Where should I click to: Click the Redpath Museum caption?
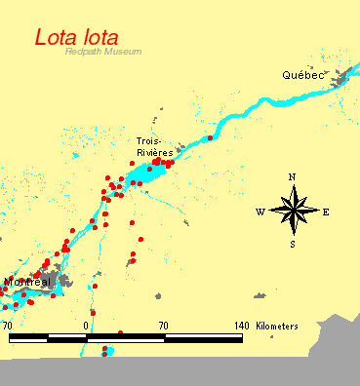(103, 52)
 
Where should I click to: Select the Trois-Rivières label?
(154, 146)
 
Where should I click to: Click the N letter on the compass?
(292, 176)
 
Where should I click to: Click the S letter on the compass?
(292, 244)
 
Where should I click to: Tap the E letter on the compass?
(326, 211)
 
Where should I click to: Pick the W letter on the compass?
(260, 211)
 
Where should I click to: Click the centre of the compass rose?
(292, 210)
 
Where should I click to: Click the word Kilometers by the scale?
(277, 325)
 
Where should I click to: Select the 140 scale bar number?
(241, 325)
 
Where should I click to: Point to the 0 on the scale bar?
(87, 325)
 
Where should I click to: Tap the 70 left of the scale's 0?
(7, 325)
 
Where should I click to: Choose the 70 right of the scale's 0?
(164, 325)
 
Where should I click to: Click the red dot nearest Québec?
(210, 137)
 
